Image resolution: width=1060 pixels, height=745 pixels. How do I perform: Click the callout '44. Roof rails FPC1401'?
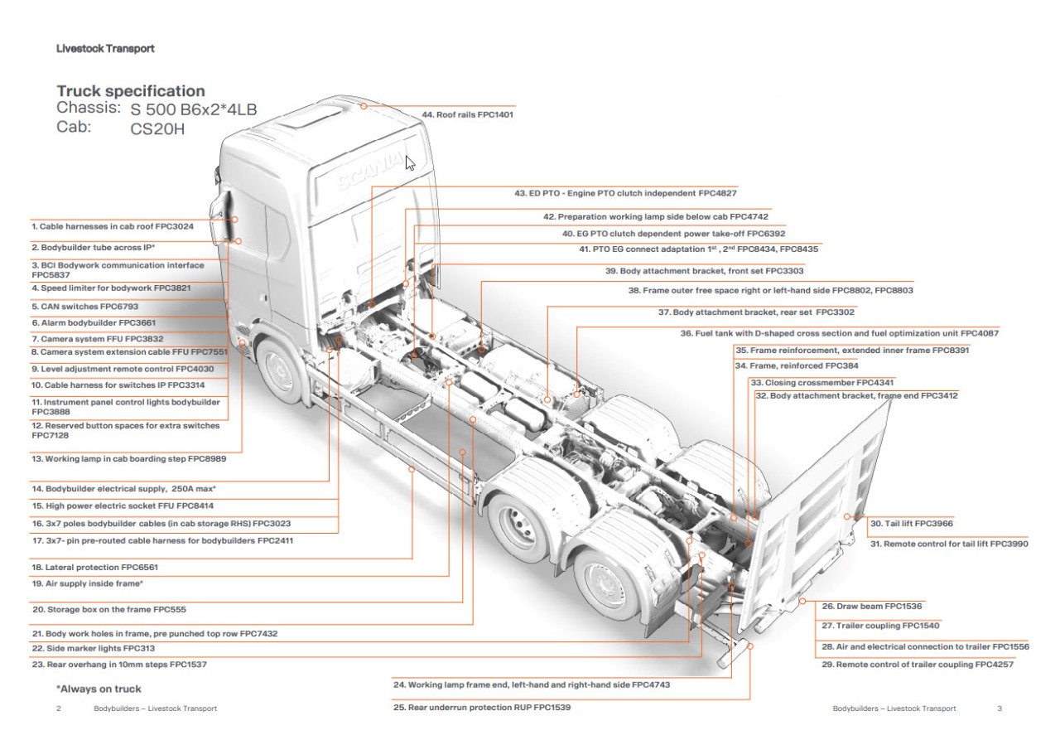468,114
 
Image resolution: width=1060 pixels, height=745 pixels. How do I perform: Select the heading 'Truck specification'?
130,91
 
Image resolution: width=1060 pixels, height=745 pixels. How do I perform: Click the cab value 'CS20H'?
157,128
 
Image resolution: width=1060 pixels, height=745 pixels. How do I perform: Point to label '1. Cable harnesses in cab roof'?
113,225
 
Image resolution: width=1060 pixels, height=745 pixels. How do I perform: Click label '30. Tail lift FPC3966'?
912,524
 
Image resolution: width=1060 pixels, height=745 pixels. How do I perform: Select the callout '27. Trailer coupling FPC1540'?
880,626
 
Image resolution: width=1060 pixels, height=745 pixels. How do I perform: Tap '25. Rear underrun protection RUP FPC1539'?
482,708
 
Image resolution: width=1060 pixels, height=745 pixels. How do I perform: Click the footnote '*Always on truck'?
99,689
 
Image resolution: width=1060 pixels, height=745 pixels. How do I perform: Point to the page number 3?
1000,709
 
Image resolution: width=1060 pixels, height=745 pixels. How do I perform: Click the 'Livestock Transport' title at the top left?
105,48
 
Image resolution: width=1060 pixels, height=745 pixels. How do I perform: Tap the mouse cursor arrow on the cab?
410,162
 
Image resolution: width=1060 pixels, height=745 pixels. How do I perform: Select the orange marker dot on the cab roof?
363,105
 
